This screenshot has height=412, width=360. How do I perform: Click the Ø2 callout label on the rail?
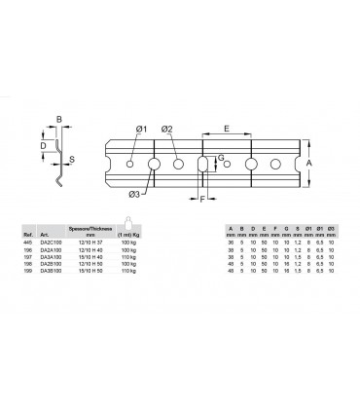[166, 130]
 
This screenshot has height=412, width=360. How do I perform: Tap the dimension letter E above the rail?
[227, 127]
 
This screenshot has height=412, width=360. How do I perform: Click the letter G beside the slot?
[221, 157]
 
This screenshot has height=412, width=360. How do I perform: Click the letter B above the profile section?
[58, 121]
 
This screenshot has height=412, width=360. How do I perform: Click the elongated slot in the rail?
[202, 164]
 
